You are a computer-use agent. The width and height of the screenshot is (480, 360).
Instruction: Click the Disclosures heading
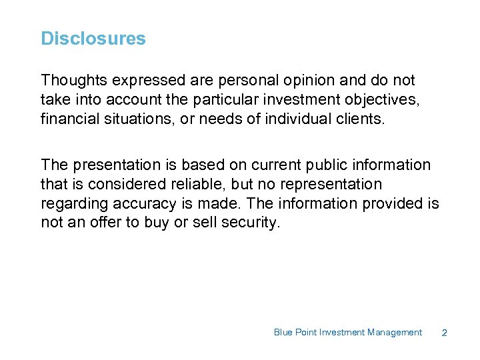(93, 39)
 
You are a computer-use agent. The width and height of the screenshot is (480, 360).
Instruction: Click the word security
(251, 223)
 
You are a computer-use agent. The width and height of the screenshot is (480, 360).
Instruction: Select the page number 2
(444, 333)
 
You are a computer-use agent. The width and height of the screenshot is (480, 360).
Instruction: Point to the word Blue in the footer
(283, 332)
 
